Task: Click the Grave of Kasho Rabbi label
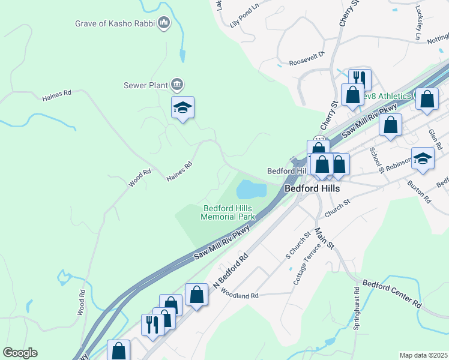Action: pos(115,24)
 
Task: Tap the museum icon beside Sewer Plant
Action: pos(177,84)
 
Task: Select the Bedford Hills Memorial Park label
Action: pos(228,212)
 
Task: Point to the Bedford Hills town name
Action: pos(312,188)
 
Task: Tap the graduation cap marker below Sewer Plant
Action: pos(182,108)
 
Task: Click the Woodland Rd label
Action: pos(239,295)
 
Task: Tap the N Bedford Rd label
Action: pos(231,270)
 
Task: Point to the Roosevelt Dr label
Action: pos(307,62)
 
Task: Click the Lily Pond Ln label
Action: pos(244,23)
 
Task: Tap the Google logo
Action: pos(20,353)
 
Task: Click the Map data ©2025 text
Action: pos(423,355)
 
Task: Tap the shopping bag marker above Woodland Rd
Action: pos(196,295)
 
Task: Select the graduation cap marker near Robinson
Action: pos(423,159)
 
